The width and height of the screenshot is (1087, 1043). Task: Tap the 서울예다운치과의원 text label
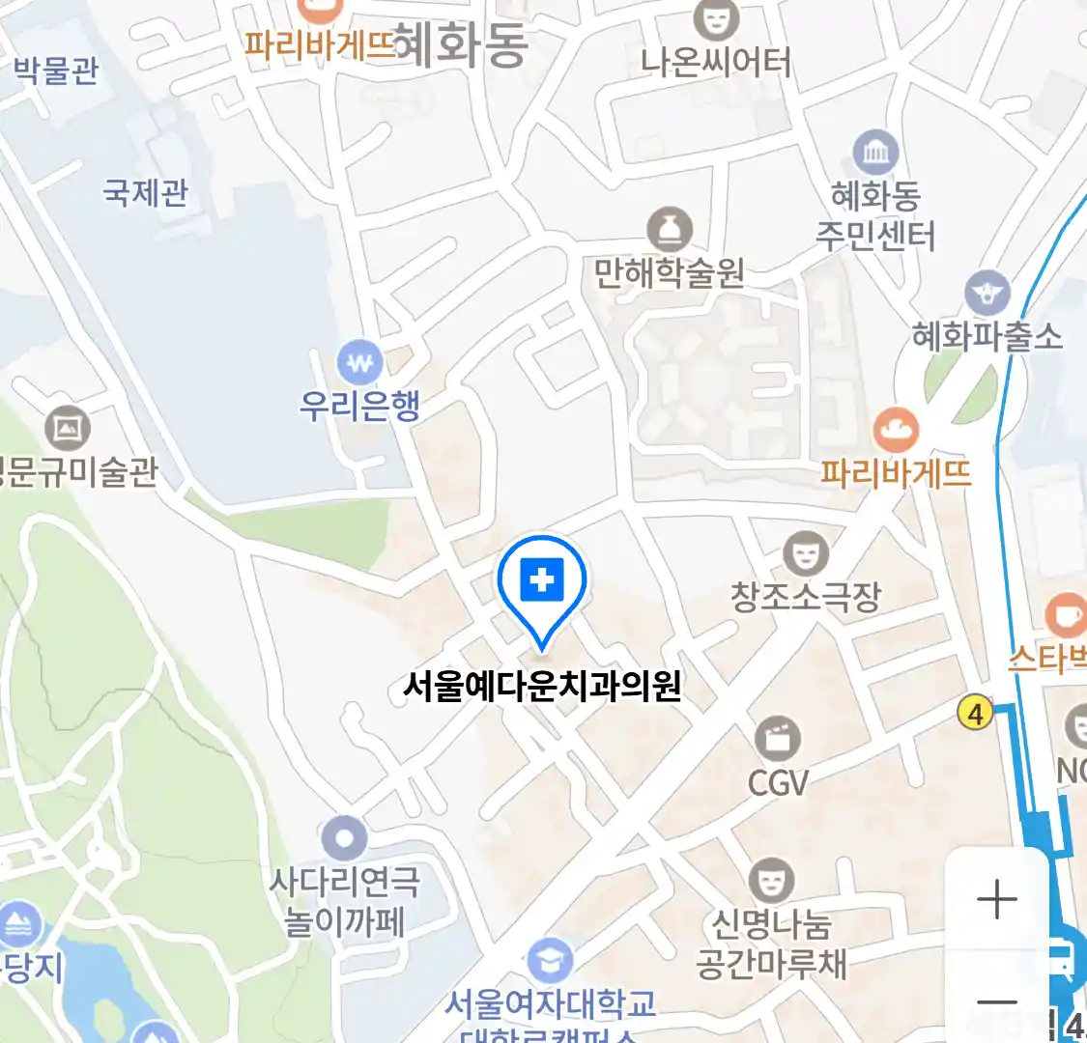pos(542,687)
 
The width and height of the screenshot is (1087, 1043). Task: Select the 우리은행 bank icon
pos(359,364)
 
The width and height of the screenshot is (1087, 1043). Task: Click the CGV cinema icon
pos(777,740)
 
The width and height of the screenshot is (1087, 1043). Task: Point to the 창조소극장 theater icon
pos(805,554)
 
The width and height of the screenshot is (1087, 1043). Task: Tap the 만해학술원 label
pos(669,274)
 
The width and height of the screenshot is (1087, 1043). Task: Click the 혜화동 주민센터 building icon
pos(875,154)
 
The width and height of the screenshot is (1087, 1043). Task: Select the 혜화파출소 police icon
pos(987,293)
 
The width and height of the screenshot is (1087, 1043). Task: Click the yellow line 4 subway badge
pos(976,714)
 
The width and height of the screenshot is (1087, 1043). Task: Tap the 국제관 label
pos(146,193)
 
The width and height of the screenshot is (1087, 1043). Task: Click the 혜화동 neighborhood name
pos(462,45)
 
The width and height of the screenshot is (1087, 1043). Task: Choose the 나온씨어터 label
pos(716,63)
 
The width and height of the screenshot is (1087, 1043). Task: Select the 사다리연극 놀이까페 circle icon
pos(345,838)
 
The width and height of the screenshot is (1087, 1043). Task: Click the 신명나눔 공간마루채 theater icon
pos(771,881)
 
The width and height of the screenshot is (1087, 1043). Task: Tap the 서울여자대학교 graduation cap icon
pos(551,962)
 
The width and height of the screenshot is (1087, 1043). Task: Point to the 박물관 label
pos(56,70)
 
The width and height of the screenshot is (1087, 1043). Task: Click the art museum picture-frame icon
pos(68,428)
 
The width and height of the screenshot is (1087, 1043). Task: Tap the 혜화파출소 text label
pos(987,337)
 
